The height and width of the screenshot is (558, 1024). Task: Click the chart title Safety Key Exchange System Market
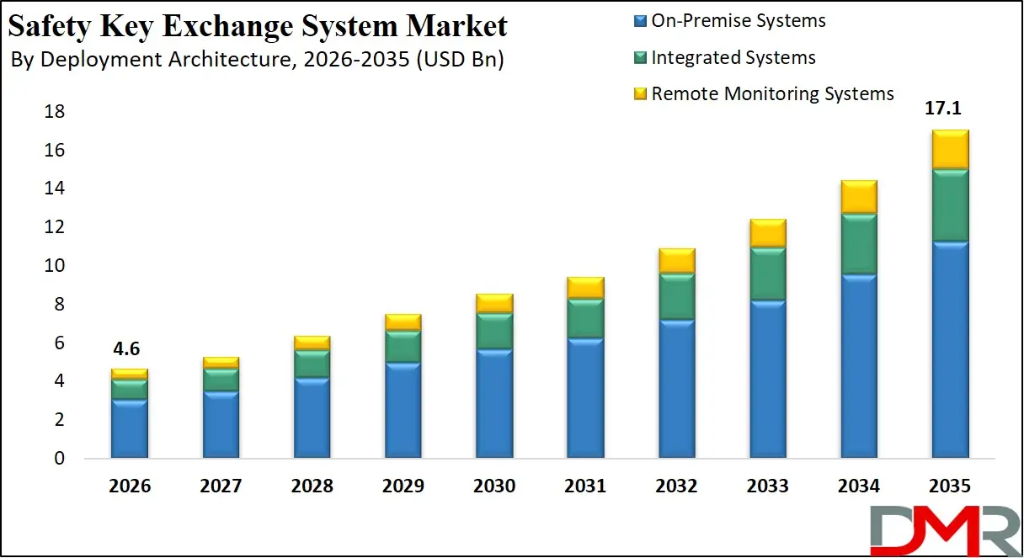258,26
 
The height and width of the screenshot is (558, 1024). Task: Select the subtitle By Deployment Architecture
258,61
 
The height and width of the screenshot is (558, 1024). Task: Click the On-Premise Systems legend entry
739,20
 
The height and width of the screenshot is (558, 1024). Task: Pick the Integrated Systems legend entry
733,57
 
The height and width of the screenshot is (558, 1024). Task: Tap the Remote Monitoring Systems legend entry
772,93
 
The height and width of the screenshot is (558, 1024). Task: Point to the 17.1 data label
950,109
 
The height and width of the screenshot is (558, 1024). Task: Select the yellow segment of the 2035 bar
950,150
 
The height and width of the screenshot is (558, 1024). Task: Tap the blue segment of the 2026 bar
129,429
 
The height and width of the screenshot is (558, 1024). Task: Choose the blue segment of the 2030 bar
493,404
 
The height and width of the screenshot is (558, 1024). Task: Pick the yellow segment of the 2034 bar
858,197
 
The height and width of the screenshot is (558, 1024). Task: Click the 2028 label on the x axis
312,486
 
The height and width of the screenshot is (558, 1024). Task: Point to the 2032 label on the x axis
676,486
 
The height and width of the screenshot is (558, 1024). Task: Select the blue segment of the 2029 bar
403,411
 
